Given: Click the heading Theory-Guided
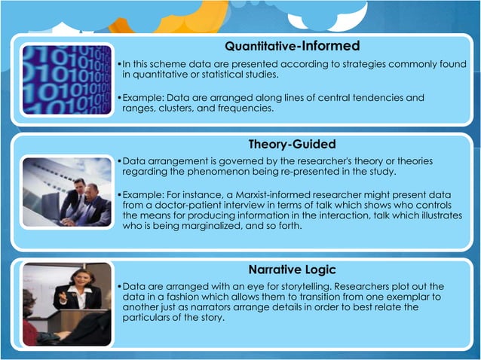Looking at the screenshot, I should tap(292, 144).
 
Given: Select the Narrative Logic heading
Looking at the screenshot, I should tap(292, 270).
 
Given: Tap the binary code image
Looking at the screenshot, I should tap(66, 80).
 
